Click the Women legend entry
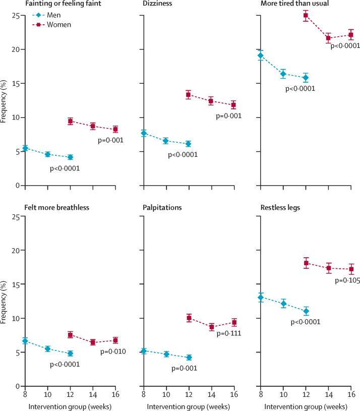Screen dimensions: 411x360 (56, 24)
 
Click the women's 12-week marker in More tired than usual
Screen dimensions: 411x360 (306, 16)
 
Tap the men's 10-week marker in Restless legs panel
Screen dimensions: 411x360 (283, 304)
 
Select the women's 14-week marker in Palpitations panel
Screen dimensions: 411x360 (212, 327)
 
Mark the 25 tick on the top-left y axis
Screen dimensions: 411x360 (17, 16)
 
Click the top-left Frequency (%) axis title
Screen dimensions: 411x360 (5, 100)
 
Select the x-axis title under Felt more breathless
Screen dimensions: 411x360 (70, 406)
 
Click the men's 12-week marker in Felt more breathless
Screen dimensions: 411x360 (70, 354)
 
